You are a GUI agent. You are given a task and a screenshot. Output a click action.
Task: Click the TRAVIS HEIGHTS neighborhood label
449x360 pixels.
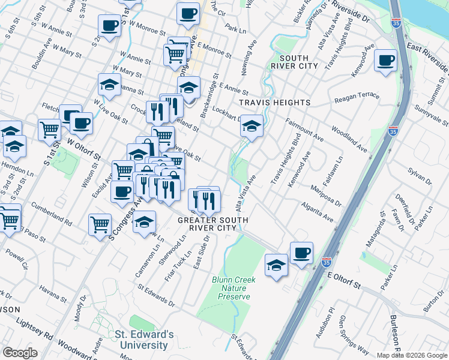[275, 103]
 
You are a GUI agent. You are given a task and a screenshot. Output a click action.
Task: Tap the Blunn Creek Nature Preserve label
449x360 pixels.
[234, 288]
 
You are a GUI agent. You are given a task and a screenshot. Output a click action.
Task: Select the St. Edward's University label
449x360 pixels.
[144, 340]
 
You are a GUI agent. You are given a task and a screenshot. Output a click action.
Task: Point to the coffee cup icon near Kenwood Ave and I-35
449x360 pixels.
[385, 61]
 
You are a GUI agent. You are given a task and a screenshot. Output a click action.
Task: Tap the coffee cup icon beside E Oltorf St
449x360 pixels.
[301, 252]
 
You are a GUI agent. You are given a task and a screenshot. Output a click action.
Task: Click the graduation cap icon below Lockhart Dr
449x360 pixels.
[252, 126]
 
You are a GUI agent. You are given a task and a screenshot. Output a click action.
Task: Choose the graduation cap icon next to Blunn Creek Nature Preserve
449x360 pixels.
[276, 265]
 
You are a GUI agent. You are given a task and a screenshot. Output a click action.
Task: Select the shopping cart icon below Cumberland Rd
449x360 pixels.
[100, 225]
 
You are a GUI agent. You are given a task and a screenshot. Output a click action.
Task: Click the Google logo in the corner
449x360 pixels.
[20, 353]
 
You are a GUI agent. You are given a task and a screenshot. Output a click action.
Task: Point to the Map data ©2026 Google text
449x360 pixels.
[412, 355]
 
